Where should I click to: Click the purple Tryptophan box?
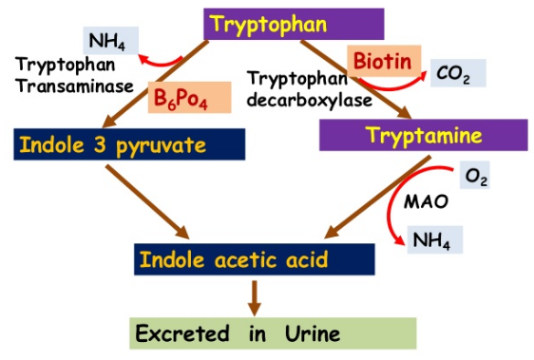click(x=295, y=24)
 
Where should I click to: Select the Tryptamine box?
click(x=424, y=136)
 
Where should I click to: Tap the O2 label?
click(x=475, y=175)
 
